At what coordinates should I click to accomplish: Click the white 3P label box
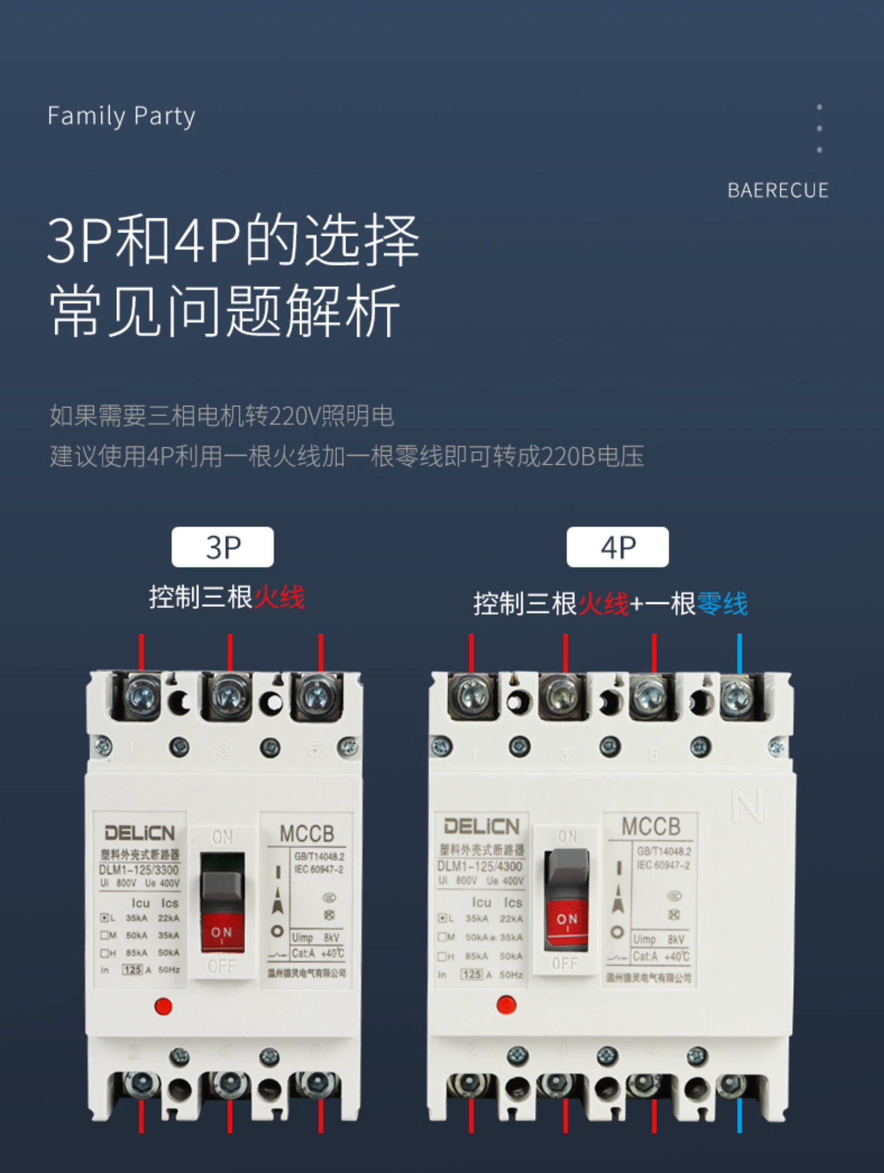222,547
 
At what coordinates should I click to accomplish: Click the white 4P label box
618,547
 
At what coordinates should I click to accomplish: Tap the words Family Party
121,116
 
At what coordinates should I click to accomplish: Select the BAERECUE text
778,191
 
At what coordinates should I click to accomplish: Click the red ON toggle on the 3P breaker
222,933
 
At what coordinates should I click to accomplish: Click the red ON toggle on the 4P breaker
566,920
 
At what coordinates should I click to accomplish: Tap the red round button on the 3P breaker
163,1006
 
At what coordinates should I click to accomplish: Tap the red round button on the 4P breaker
506,1004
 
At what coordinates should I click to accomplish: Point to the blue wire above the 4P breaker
739,654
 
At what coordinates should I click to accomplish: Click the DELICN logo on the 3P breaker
139,833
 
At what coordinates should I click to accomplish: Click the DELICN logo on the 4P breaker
481,827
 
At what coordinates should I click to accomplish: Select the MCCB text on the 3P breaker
307,834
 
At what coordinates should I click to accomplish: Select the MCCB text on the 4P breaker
651,827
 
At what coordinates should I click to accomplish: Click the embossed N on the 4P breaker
748,805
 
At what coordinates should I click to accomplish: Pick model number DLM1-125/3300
139,870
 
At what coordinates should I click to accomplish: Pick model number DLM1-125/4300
480,866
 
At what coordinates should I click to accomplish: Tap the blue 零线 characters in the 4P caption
722,604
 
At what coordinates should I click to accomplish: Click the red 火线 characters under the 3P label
279,597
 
